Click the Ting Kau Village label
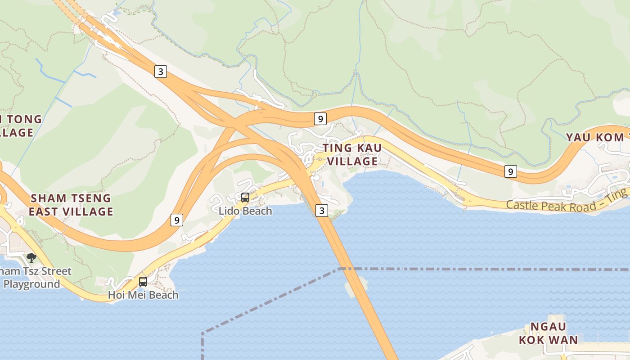coord(352,154)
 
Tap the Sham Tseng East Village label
coord(71,205)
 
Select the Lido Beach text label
coord(245,211)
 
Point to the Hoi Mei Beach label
coord(143,295)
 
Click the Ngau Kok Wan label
coord(548,333)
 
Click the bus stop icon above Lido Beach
coord(245,197)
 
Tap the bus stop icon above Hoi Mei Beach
coord(143,282)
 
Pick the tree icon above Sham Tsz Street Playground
coord(31,257)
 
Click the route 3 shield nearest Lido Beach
coord(321,210)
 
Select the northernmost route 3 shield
coord(161,71)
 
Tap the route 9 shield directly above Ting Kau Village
coord(320,119)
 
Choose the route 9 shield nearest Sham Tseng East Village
coord(177,220)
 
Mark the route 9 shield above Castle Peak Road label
coord(510,171)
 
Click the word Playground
coord(31,284)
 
